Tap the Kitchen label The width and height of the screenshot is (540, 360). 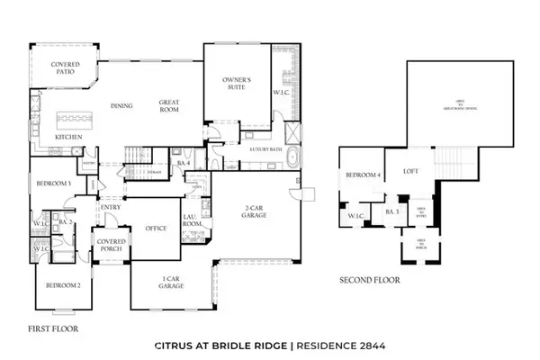pyautogui.click(x=68, y=137)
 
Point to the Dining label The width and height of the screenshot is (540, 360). pyautogui.click(x=121, y=106)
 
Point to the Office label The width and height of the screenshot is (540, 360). pyautogui.click(x=157, y=229)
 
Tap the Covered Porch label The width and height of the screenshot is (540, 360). pyautogui.click(x=110, y=244)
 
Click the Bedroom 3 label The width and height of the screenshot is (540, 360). pyautogui.click(x=53, y=184)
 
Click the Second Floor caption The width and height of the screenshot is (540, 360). pyautogui.click(x=369, y=280)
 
